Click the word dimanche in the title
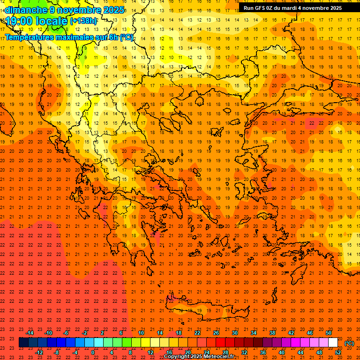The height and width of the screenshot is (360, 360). point(26,10)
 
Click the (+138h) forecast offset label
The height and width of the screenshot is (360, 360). point(83,21)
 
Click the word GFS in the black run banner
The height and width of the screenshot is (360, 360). point(260,8)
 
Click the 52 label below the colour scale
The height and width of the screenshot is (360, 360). point(338,352)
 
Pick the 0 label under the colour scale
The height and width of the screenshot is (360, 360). point(93,352)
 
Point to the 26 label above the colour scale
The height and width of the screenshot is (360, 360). point(216,333)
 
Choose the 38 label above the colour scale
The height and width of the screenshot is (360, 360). point(272,333)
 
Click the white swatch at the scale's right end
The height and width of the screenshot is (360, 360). point(333,343)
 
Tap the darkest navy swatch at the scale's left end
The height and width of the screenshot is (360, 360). point(23,343)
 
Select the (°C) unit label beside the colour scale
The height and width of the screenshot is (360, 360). point(349,343)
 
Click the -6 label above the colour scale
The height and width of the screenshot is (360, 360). point(66,333)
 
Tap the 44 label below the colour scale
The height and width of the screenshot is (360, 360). point(300,352)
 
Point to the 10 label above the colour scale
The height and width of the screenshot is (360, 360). point(141,333)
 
